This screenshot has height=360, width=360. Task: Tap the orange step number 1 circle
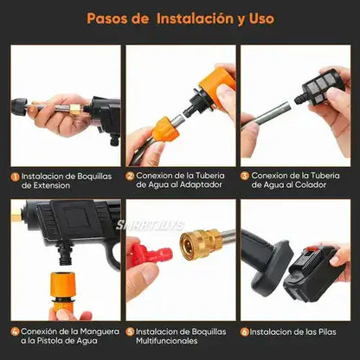(15, 175)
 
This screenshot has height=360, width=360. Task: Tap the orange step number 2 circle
(130, 175)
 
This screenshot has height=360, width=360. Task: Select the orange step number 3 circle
(245, 175)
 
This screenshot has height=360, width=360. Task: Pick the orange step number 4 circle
(15, 331)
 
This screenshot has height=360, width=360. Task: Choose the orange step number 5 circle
(130, 331)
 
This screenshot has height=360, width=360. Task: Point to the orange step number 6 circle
(245, 331)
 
